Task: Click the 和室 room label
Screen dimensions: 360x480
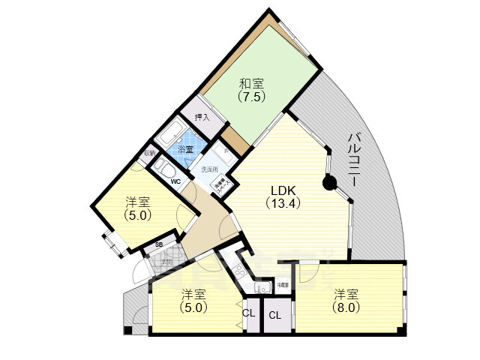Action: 250,83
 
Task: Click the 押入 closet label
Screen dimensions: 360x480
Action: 202,117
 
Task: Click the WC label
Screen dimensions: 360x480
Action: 175,181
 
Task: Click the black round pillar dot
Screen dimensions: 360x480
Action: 328,181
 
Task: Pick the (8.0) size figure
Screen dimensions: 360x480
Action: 346,307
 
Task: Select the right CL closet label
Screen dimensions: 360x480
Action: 274,315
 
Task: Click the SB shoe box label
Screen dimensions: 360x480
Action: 159,244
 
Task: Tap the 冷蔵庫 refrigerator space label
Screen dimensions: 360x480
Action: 283,285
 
